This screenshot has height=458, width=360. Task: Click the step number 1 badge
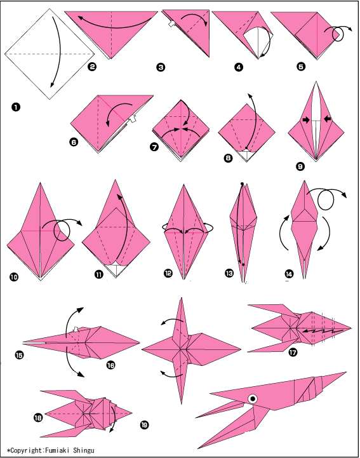tap(16, 107)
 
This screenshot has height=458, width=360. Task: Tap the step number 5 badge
tap(301, 67)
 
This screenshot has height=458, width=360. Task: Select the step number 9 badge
tap(300, 166)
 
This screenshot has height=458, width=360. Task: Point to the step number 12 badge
tap(168, 273)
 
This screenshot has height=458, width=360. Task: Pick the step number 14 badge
tap(289, 274)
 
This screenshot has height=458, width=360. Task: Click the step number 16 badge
tap(110, 365)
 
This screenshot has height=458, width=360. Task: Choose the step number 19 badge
tap(144, 424)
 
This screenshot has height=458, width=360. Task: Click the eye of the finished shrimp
tap(253, 398)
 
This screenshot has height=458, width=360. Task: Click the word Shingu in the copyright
tap(84, 450)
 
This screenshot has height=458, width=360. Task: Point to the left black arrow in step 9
tap(306, 119)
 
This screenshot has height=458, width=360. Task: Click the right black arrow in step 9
tap(327, 119)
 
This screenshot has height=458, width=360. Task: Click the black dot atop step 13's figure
tap(242, 184)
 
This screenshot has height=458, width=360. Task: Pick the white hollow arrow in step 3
tap(171, 24)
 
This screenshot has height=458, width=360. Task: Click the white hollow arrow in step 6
tap(132, 119)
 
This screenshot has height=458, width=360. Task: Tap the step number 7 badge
tap(154, 147)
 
